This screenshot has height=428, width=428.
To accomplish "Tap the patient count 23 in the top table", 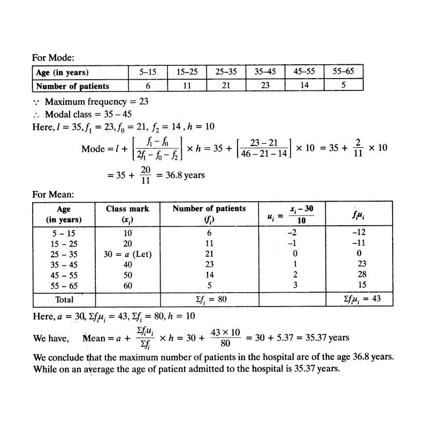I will [x=265, y=86].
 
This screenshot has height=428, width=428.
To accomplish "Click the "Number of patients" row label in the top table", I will [x=72, y=86].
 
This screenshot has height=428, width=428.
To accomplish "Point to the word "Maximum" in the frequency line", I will [x=64, y=101].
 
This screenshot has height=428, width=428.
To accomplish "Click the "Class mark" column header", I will [x=127, y=209].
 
